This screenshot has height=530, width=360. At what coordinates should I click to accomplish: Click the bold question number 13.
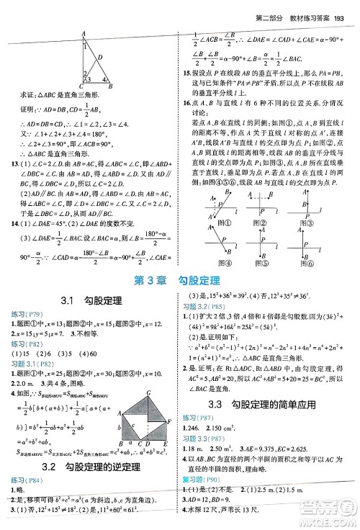point(7,165)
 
